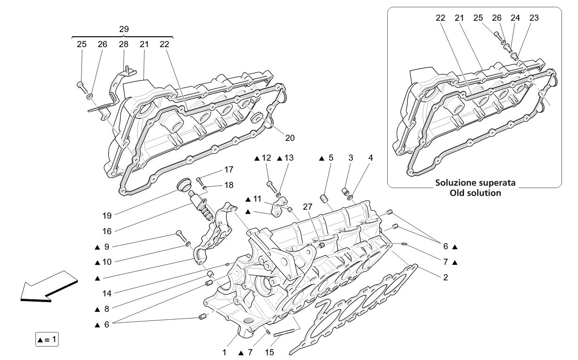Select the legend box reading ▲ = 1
pos(47,339)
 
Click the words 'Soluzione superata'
pos(475,182)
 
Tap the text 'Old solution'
pos(475,193)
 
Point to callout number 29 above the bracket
pos(123,29)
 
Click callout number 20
pos(289,138)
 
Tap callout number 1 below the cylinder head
pos(225,352)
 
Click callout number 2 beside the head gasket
pos(445,278)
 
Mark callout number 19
pos(107,216)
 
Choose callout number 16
pos(107,231)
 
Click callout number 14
pos(107,293)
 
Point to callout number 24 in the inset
pos(515,18)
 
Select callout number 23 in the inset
pos(534,18)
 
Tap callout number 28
pos(123,44)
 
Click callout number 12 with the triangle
pos(267,158)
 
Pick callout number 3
pos(350,158)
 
